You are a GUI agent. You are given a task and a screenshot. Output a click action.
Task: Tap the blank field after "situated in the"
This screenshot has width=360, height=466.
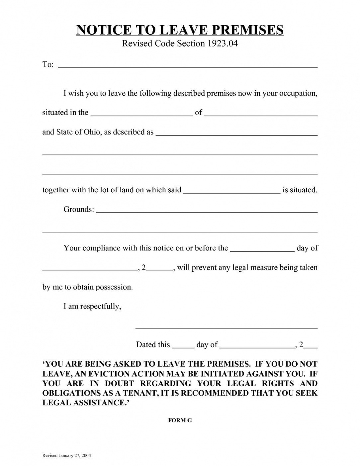(141, 114)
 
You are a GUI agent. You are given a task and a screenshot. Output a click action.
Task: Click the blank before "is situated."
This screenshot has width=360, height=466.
(231, 191)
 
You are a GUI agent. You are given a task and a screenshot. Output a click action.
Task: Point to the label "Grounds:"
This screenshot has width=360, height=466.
(79, 210)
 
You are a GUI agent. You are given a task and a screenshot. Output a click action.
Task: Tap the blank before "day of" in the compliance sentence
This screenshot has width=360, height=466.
(262, 249)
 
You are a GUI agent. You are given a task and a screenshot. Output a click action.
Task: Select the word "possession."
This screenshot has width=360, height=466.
(114, 287)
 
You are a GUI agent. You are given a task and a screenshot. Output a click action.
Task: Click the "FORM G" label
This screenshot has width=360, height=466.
(180, 420)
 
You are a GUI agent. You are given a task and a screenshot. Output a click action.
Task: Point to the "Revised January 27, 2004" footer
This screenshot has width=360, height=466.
(66, 455)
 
